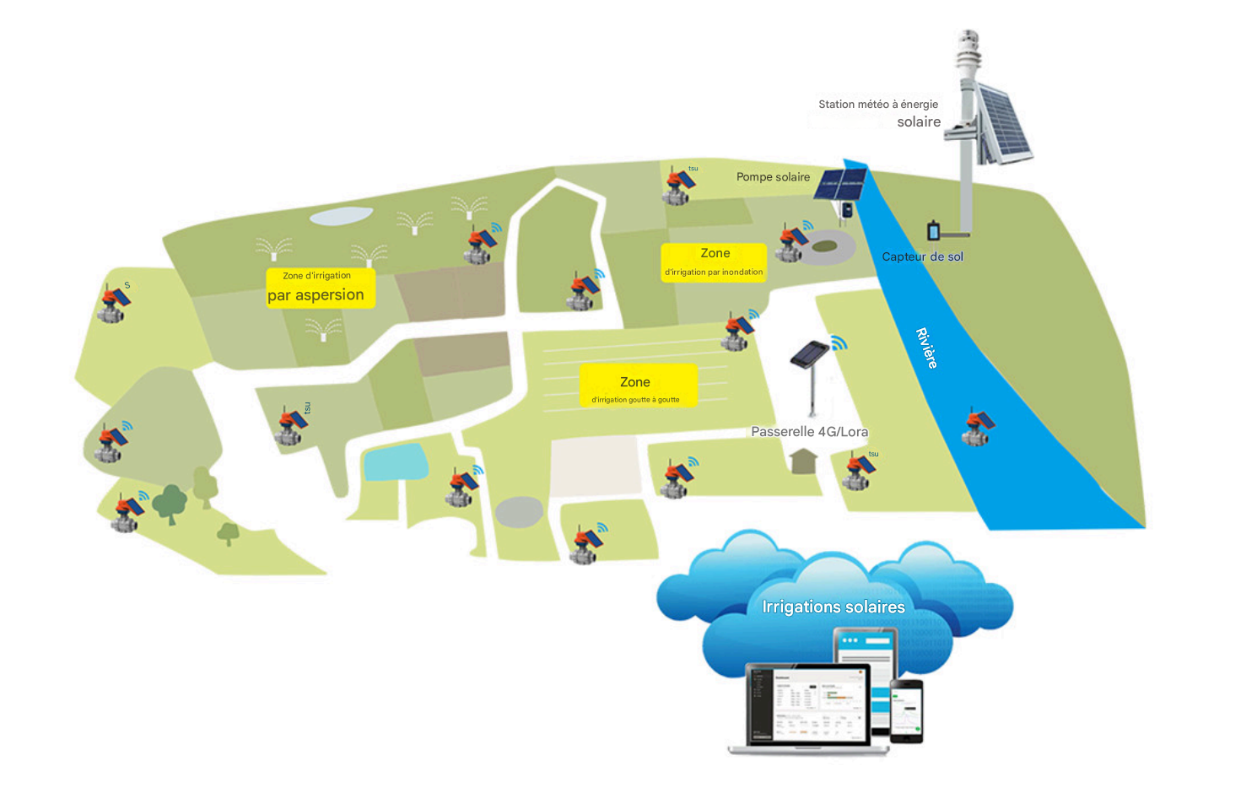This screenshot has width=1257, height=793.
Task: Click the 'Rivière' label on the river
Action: pyautogui.click(x=926, y=348)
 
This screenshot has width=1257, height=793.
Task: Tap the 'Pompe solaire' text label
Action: pyautogui.click(x=773, y=177)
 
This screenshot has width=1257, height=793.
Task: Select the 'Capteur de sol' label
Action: pyautogui.click(x=922, y=256)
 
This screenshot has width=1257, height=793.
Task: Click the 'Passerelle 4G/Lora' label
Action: pyautogui.click(x=809, y=432)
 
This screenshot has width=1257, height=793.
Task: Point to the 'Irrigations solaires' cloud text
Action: pyautogui.click(x=833, y=607)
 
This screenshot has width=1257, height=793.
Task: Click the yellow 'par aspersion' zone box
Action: pyautogui.click(x=320, y=288)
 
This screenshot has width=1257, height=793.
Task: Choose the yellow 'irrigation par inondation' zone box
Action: pyautogui.click(x=714, y=262)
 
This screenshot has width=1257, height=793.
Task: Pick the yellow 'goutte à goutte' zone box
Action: pyautogui.click(x=638, y=386)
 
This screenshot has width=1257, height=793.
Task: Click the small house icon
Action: pyautogui.click(x=804, y=461)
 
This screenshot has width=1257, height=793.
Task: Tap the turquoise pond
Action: pyautogui.click(x=395, y=461)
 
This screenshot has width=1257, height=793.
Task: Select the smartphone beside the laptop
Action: pyautogui.click(x=907, y=710)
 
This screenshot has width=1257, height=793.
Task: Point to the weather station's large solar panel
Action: pyautogui.click(x=1004, y=124)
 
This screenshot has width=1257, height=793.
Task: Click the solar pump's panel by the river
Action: pyautogui.click(x=840, y=184)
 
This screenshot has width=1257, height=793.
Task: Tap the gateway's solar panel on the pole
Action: pyautogui.click(x=810, y=353)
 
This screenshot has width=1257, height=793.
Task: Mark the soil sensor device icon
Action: pyautogui.click(x=934, y=229)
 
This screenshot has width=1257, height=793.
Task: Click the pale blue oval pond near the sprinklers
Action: pyautogui.click(x=341, y=216)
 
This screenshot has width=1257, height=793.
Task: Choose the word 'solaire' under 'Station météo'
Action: pyautogui.click(x=919, y=122)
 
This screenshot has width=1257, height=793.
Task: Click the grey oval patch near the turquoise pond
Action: pyautogui.click(x=519, y=512)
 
